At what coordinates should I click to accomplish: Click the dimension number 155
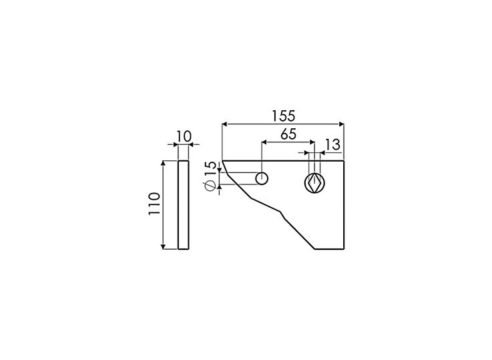[x=283, y=115]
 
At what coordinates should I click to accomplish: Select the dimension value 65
[x=288, y=133]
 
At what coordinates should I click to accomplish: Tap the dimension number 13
[x=332, y=144]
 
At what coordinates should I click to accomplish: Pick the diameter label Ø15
[x=210, y=178]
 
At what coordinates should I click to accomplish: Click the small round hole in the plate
[x=262, y=178]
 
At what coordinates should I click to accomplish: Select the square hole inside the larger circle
[x=314, y=182]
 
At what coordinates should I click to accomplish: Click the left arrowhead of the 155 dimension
[x=224, y=124]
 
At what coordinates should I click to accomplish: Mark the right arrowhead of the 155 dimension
[x=341, y=124]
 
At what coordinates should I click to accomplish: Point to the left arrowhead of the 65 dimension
[x=264, y=142]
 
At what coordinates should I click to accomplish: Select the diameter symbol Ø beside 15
[x=210, y=187]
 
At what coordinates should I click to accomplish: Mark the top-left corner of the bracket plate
[x=222, y=160]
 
